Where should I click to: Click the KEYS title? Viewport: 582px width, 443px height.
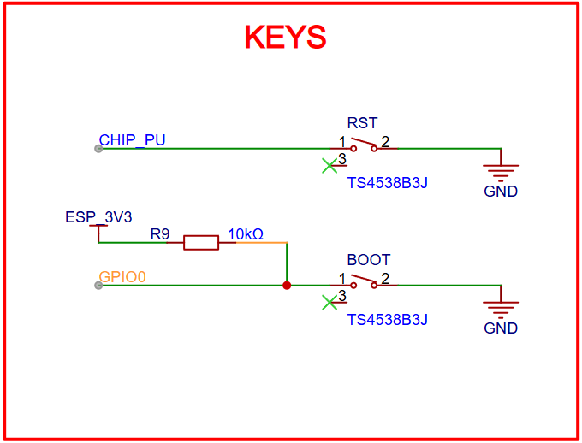pos(286,38)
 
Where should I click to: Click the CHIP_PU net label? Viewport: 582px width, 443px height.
pos(132,140)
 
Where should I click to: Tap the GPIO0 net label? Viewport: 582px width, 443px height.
pos(123,277)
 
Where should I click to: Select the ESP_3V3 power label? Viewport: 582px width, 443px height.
pos(98,217)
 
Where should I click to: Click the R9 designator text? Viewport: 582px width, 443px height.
pos(160,233)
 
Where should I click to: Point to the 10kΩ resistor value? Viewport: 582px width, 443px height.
pos(245,233)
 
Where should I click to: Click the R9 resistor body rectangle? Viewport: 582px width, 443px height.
pos(201,243)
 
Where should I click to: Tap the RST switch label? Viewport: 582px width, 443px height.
pos(362,123)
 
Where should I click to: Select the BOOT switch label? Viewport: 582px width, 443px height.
pos(368,260)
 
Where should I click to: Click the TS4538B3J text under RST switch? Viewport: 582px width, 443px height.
pos(387,183)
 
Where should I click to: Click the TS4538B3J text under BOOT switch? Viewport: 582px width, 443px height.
pos(387,320)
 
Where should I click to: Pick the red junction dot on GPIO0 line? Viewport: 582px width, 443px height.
pos(287,286)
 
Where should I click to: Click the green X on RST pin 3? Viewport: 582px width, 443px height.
pos(329,166)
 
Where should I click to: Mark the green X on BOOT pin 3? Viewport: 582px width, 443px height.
pos(329,303)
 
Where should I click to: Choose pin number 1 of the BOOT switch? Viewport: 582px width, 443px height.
pos(341,279)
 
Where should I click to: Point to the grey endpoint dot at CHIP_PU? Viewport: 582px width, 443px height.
pos(98,149)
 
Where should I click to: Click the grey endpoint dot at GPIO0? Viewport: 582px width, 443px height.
pos(98,286)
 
